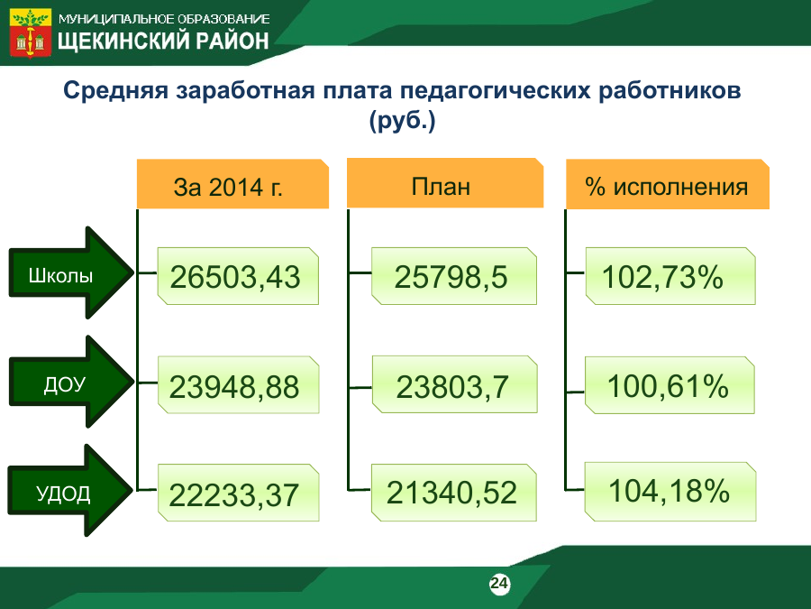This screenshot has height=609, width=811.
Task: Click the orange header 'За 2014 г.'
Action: click(x=232, y=184)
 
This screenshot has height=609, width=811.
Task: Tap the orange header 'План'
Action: click(x=445, y=183)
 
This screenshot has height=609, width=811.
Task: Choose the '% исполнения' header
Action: click(x=667, y=184)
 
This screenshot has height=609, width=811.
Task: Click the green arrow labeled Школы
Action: click(x=70, y=272)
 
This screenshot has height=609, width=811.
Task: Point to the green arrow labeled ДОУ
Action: click(x=70, y=382)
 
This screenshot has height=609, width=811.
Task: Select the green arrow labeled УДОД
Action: click(x=69, y=491)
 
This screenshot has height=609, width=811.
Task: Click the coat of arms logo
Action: click(x=31, y=32)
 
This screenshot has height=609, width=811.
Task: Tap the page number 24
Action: click(x=499, y=584)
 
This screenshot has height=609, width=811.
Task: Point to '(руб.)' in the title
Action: click(x=403, y=121)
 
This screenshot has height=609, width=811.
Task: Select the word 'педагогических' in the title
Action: click(x=495, y=91)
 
